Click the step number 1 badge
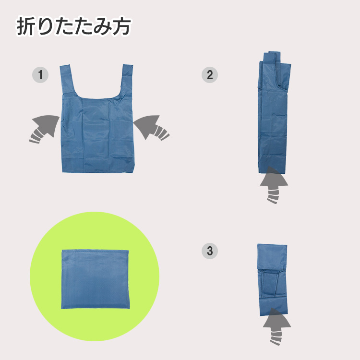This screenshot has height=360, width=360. click(40, 75)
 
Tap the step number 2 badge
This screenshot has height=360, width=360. click(210, 75)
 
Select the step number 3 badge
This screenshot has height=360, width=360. click(210, 251)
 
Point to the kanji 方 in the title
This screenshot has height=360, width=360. click(121, 26)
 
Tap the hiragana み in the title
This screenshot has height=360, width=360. click(102, 27)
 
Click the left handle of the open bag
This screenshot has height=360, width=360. click(68, 80)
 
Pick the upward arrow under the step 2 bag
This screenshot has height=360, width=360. click(274, 185)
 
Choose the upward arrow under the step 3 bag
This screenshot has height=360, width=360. click(276, 326)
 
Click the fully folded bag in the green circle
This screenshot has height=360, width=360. click(96, 279)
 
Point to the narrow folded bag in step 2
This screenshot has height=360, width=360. click(274, 112)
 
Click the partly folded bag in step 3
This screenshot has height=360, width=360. click(273, 280)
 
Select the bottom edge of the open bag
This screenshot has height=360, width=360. click(98, 172)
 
